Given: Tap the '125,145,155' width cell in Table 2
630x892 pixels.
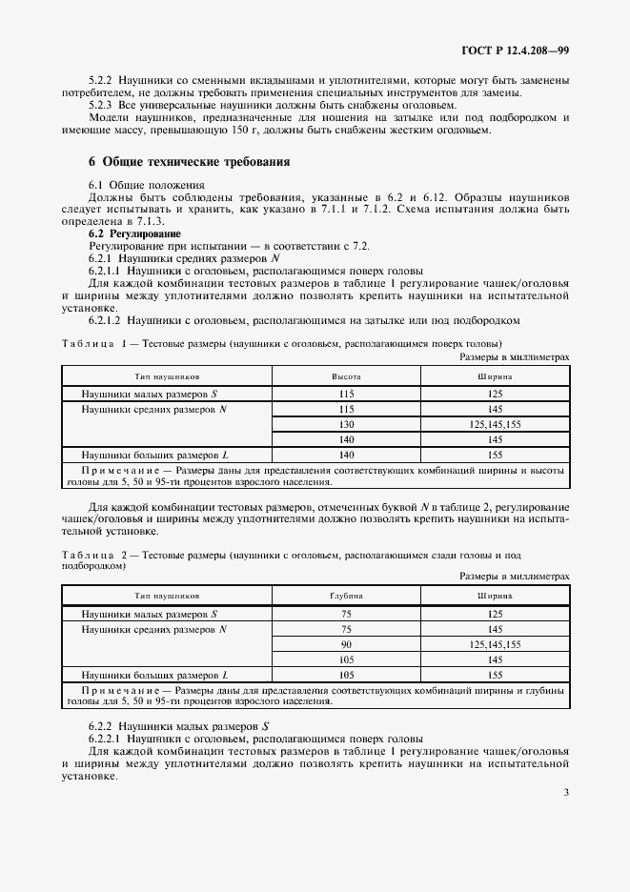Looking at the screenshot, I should coord(496,644).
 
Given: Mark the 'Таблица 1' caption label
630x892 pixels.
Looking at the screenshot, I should coord(95,343).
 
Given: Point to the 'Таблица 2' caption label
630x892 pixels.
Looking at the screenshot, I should coord(95,554).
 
